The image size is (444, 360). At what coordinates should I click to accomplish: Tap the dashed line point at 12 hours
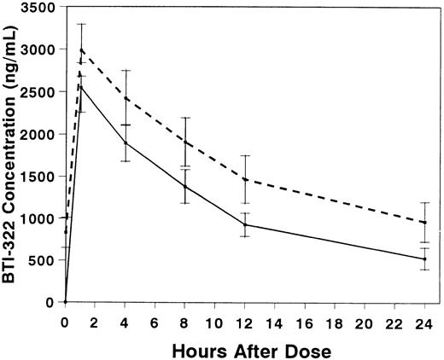pos(245,179)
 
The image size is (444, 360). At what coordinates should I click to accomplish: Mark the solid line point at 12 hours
pos(245,224)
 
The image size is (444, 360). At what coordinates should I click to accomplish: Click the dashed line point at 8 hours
pos(185,142)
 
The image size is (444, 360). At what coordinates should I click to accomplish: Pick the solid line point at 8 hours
pos(185,186)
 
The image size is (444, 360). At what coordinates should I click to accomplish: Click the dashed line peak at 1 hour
pos(80,49)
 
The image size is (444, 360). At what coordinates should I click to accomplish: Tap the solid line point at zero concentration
pos(66,301)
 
